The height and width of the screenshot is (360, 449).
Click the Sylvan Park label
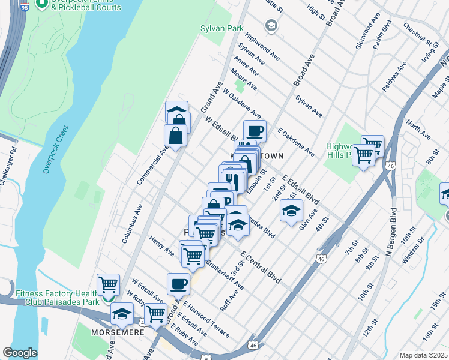pos(213,28)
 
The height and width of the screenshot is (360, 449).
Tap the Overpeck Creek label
pos(56,149)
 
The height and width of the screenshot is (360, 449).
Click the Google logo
pos(20,352)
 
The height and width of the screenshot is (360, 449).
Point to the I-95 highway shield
pos(23,7)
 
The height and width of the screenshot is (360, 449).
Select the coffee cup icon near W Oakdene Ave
pos(255,131)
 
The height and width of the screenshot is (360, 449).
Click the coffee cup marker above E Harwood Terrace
pos(178,283)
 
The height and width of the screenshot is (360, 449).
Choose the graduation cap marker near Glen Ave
pos(291,211)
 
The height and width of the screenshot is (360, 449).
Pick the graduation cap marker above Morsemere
pos(122,313)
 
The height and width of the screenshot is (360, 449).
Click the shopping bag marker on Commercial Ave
pos(175,136)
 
